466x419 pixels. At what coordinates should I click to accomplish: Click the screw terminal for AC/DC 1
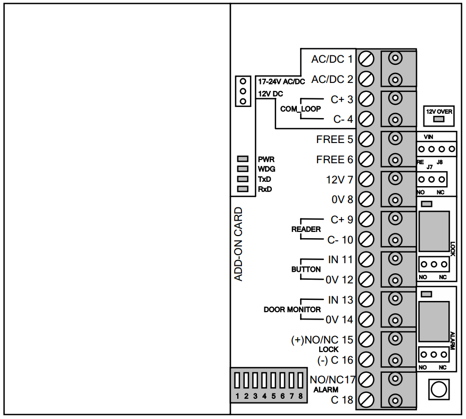pos(366,58)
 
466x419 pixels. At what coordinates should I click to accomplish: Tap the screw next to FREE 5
pos(366,139)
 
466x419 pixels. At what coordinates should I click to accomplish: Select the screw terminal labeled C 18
pos(366,400)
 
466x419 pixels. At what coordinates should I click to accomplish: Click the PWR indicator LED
pos(243,159)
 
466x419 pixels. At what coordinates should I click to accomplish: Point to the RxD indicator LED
pos(243,189)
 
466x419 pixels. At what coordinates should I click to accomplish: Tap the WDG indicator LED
pos(243,169)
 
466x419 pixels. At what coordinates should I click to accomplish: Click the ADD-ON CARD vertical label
pos(239,244)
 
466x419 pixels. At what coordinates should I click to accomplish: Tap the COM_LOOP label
pos(301,109)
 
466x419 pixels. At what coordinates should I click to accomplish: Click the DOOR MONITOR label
pos(292,309)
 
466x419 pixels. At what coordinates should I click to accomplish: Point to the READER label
pos(306,229)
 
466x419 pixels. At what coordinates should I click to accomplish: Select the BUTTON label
pos(306,270)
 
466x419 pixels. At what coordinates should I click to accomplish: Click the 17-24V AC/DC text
pos(281,82)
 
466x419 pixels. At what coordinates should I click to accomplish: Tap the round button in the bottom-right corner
pos(438,389)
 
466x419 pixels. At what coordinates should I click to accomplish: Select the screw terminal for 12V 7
pos(366,179)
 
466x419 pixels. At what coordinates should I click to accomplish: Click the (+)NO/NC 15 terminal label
pos(322,340)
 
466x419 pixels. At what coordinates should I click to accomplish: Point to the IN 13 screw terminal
pos(366,299)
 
